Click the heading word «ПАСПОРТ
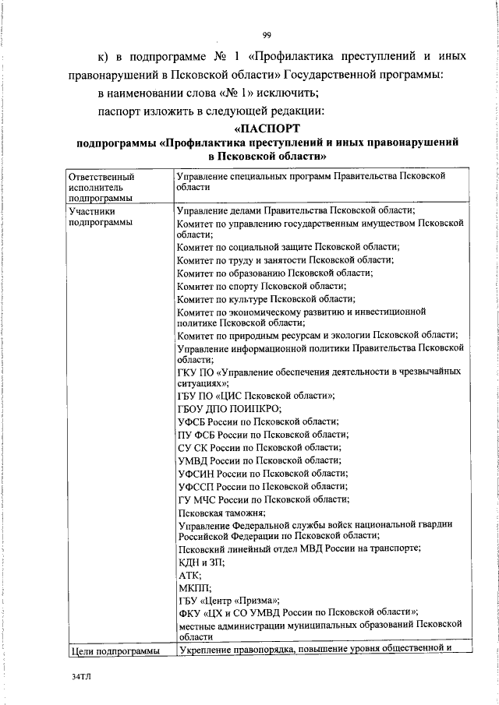pyautogui.click(x=267, y=128)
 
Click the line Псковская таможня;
pyautogui.click(x=221, y=512)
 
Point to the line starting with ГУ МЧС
pyautogui.click(x=263, y=499)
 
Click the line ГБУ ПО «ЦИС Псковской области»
pyautogui.click(x=256, y=396)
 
